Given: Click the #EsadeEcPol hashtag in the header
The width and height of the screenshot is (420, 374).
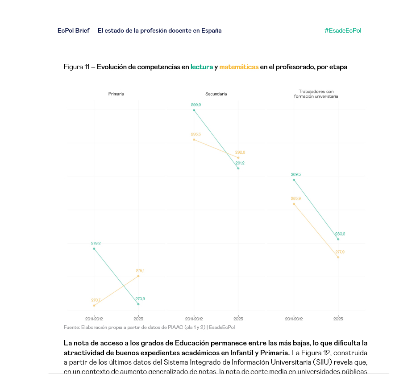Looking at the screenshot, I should (x=343, y=31).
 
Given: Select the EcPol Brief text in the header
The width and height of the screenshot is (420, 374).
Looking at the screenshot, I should (x=74, y=31).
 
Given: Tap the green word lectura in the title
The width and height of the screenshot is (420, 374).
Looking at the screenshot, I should (x=202, y=67).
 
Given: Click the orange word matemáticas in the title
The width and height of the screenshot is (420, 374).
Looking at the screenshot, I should (x=239, y=67).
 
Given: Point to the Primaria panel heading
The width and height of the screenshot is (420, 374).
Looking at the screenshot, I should (x=116, y=94).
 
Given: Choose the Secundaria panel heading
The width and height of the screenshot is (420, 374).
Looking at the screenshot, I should (x=216, y=94).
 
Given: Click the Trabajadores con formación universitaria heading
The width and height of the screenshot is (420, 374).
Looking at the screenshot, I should (x=316, y=94).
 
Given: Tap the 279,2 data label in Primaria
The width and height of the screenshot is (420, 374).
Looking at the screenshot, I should (x=96, y=243).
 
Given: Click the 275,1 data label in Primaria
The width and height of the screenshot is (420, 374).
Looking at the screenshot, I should (x=140, y=271).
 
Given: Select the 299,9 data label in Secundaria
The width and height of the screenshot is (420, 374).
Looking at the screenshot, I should (x=195, y=105).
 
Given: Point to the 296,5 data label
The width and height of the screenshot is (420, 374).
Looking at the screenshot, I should (x=195, y=134).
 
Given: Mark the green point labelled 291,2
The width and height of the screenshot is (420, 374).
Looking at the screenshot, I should (x=238, y=168).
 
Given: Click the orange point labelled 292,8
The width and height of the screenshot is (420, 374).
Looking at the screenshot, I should (x=238, y=158).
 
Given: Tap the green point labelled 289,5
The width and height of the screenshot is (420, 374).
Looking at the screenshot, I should (x=294, y=180).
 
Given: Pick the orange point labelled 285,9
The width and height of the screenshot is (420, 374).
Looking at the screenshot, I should (x=294, y=204).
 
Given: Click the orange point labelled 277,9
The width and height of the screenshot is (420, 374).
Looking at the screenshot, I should (x=338, y=257).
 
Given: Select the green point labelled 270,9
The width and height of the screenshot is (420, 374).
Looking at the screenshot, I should (x=138, y=304).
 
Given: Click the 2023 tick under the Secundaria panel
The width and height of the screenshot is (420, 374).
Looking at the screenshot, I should (x=238, y=319).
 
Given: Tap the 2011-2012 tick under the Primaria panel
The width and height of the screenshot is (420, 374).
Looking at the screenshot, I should (x=94, y=319).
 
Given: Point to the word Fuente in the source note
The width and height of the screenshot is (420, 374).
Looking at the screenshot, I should (x=71, y=328).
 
